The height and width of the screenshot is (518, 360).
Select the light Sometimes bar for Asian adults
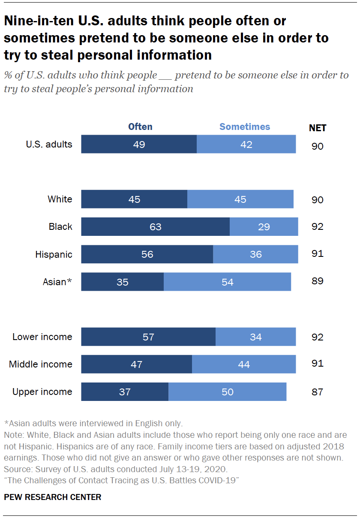(227, 282)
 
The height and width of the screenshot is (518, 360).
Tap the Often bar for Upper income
(125, 392)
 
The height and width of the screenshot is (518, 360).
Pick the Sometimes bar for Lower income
(255, 337)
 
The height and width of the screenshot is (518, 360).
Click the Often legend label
(140, 126)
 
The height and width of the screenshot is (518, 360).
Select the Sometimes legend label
(245, 126)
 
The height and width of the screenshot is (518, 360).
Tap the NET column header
(318, 128)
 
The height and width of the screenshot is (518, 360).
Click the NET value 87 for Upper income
(318, 392)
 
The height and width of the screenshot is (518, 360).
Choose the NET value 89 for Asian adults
(318, 281)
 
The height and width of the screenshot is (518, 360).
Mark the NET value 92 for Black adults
(318, 226)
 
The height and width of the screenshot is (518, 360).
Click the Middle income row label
(41, 364)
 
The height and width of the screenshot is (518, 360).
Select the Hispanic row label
(54, 254)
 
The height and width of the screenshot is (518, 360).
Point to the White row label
(60, 199)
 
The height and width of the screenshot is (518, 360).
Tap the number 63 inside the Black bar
(155, 226)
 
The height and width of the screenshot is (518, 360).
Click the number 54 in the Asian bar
(228, 282)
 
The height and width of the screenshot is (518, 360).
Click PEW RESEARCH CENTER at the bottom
(53, 497)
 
